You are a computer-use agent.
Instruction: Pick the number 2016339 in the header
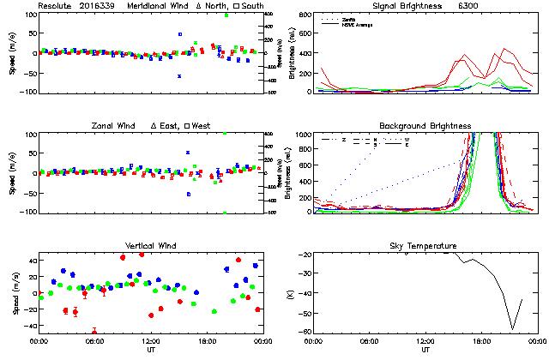pos(98,6)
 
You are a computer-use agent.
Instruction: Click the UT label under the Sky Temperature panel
pos(425,350)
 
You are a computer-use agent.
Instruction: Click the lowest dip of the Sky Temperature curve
pos(513,328)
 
